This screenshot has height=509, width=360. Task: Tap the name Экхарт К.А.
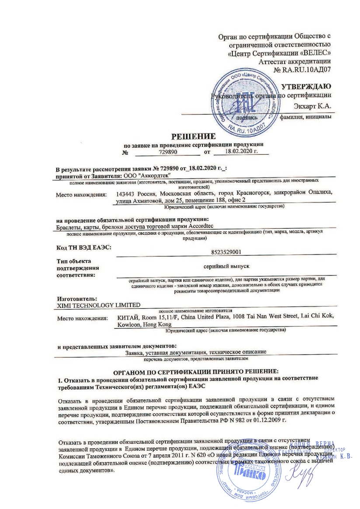coord(313,105)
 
